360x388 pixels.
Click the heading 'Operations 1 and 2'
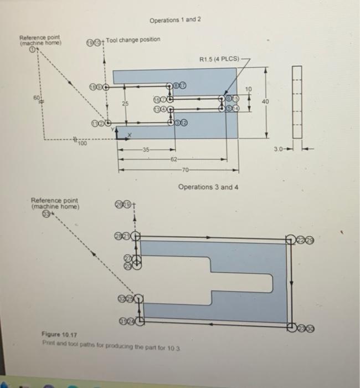(175, 19)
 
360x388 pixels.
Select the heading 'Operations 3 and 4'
(208, 187)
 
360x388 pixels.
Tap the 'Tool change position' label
(133, 39)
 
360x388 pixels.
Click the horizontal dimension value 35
(146, 149)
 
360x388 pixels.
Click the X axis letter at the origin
(130, 135)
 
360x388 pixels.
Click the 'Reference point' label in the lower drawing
(55, 203)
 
